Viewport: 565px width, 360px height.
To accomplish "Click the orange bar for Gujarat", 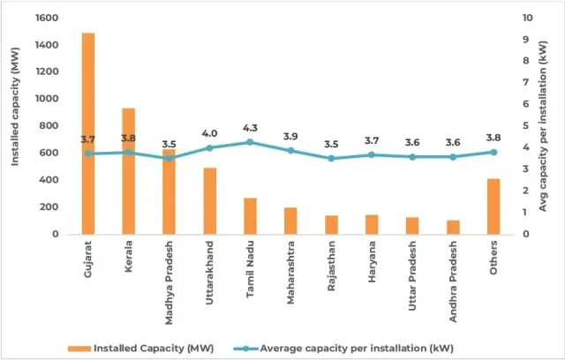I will point(88,132).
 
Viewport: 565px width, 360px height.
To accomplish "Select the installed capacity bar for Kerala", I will point(129,171).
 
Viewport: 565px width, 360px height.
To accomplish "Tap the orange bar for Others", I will point(493,206).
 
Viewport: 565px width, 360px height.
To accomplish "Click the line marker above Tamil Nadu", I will point(250,142).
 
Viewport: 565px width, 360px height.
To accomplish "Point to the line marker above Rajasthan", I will point(331,158).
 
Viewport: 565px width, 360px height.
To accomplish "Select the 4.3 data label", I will point(250,128).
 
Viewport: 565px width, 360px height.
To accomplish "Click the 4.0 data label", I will point(209,134).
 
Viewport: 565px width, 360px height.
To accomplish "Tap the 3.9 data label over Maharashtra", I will point(290,137).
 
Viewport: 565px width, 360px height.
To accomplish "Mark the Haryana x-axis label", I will point(372,258).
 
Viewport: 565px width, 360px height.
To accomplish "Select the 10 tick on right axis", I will point(527,18).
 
